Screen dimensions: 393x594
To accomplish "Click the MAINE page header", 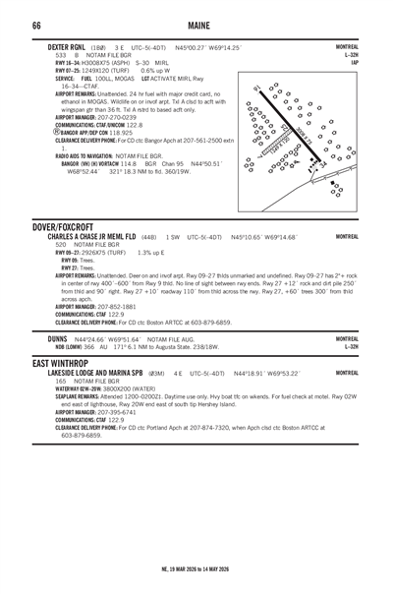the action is point(196,24).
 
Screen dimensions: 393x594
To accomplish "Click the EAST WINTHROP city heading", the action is point(37,363).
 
